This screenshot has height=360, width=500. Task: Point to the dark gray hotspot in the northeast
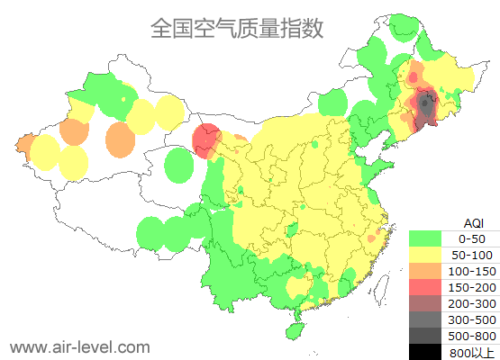coord(424,109)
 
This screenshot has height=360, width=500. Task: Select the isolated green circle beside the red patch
coord(181,165)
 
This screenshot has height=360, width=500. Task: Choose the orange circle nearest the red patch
coord(120,139)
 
